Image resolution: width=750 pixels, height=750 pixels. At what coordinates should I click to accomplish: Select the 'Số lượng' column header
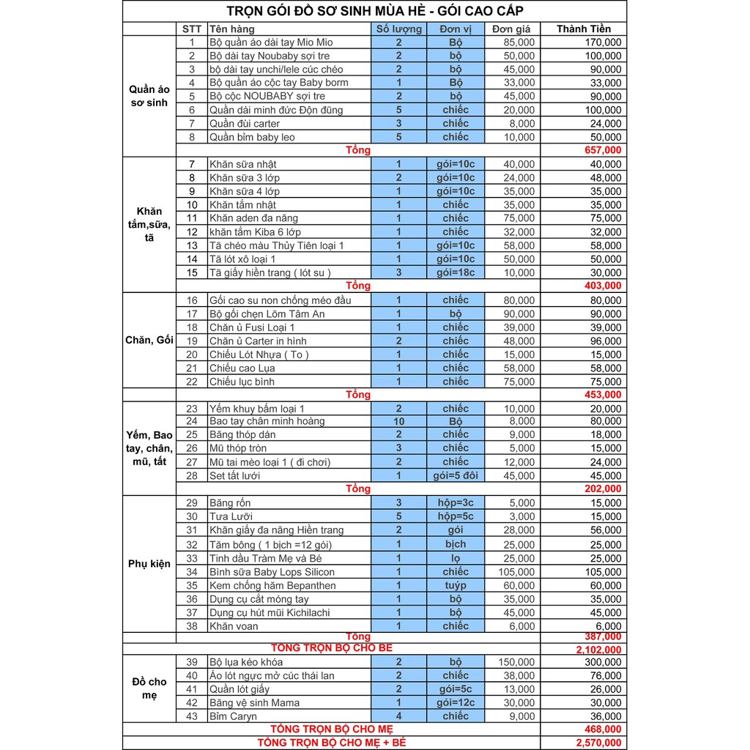point(399,29)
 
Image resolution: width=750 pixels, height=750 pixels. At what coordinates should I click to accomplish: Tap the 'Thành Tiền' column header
point(583,29)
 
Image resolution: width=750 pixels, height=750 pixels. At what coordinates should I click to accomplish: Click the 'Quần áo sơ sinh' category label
point(149,96)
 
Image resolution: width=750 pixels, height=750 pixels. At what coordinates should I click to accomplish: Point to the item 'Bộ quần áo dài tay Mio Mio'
point(271,42)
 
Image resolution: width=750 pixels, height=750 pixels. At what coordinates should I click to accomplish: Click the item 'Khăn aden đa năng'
point(253,218)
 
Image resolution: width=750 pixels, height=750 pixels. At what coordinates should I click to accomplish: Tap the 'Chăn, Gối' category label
point(149,341)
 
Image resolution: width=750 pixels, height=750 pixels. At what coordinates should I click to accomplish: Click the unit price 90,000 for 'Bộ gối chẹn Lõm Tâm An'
point(519,313)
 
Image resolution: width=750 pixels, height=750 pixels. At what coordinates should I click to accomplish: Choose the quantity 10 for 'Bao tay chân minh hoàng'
point(399,421)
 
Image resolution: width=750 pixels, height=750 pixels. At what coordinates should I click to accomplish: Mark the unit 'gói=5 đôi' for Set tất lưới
point(455,475)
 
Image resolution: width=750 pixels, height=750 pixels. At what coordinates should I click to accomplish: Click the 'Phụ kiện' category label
point(149,564)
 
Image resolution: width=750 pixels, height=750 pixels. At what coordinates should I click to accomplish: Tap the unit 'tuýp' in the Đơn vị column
point(455,585)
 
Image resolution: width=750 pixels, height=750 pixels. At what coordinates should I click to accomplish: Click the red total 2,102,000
point(594,650)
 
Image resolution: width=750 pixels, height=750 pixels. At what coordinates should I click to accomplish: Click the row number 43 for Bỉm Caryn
point(192,716)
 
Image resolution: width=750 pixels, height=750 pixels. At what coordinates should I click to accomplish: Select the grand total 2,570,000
point(594,743)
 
